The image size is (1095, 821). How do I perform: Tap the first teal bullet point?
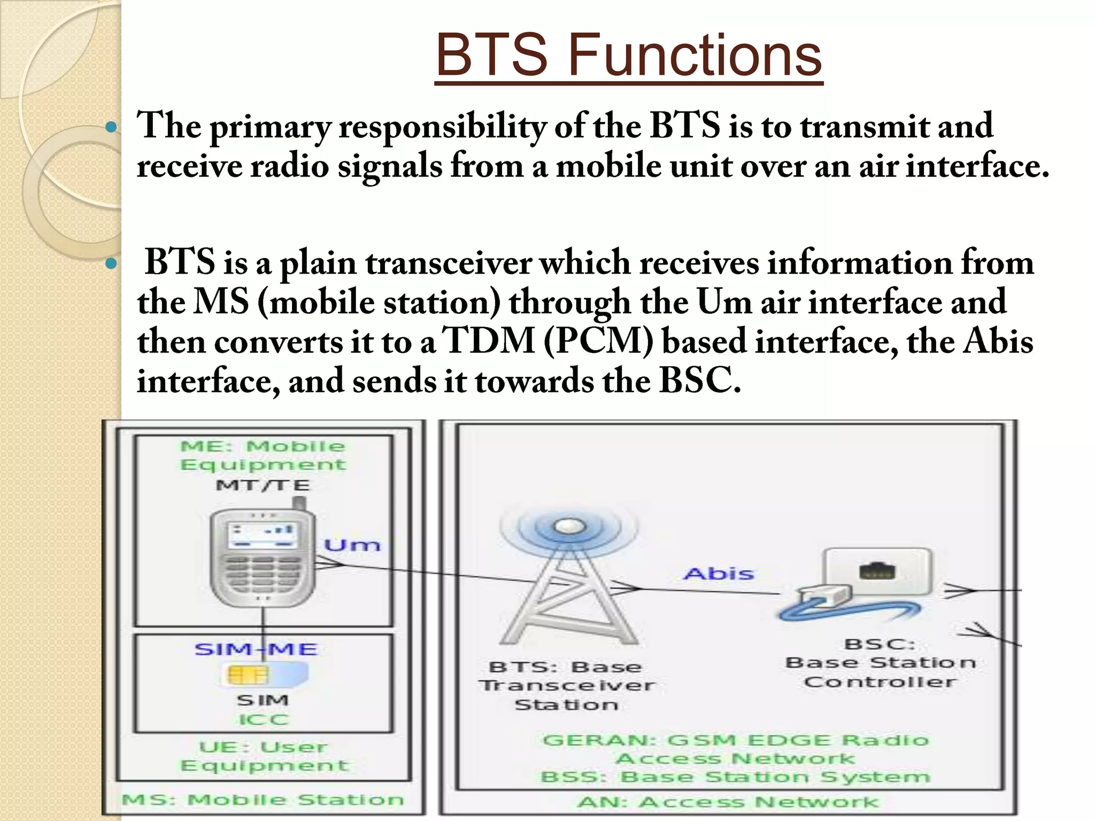[111, 127]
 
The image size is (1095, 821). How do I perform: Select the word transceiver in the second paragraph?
[449, 263]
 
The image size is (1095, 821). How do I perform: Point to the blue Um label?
[352, 545]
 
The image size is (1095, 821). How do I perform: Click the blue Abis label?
[719, 574]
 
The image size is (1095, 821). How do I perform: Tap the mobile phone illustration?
[262, 556]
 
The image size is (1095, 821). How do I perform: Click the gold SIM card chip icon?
[247, 675]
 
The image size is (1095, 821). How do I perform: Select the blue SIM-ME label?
[256, 649]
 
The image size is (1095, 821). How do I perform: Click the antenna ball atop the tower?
[567, 526]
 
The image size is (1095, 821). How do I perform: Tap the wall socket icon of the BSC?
[877, 571]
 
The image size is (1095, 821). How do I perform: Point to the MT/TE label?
[263, 485]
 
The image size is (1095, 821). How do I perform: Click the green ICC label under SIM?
[264, 719]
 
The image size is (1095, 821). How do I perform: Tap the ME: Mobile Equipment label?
[263, 455]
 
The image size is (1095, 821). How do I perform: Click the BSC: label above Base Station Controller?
[879, 644]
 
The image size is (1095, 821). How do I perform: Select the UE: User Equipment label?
[264, 756]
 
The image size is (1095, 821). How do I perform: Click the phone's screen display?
[262, 535]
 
